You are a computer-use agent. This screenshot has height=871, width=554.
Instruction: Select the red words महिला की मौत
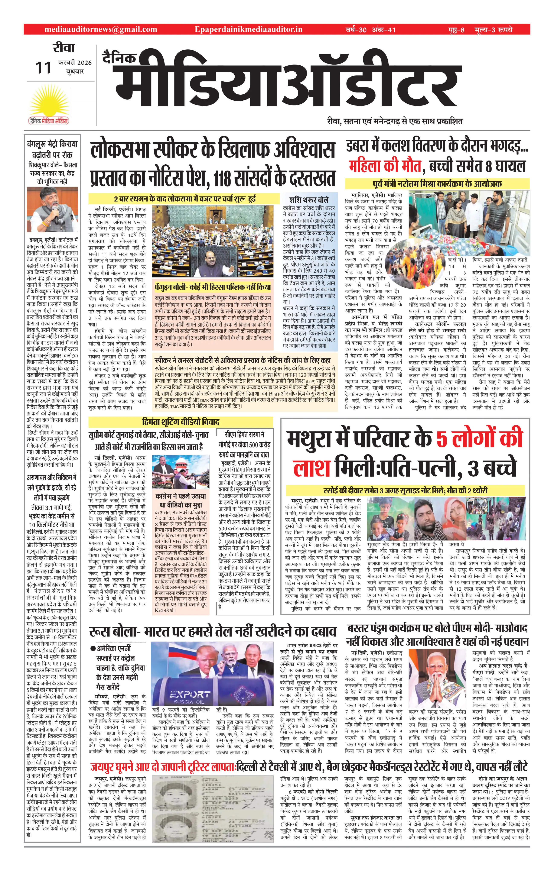point(385,166)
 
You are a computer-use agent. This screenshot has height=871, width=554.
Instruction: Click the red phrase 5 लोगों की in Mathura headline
point(479,438)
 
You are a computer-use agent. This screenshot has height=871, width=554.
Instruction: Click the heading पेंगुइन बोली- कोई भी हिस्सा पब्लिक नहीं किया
point(213,287)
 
